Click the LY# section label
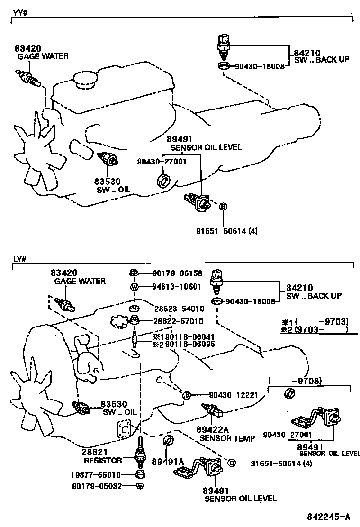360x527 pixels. click(19, 259)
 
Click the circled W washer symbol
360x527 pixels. click(134, 287)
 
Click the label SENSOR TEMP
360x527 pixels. click(221, 438)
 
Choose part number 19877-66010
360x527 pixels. click(97, 475)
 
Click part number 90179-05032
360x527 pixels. click(97, 486)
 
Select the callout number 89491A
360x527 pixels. click(167, 461)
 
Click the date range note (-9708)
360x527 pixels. click(295, 380)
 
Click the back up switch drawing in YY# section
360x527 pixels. click(224, 44)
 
